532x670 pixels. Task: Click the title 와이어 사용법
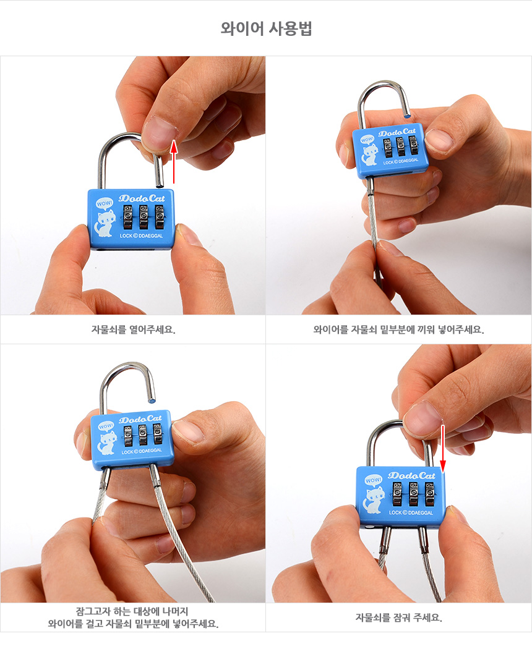click(x=266, y=28)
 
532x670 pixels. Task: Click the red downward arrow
click(x=443, y=449)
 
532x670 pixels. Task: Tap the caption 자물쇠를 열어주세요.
click(x=133, y=329)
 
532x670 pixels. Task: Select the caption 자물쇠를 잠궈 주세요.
click(x=398, y=617)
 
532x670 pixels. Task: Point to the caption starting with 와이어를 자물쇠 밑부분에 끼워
click(x=398, y=329)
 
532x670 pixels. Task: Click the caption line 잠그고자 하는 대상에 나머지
click(x=132, y=611)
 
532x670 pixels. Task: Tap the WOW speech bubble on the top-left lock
click(x=104, y=203)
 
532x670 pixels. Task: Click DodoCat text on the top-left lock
click(x=142, y=198)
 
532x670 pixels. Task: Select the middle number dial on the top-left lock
click(x=144, y=217)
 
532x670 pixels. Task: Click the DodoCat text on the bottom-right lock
click(x=411, y=475)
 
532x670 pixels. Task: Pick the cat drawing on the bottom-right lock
click(x=374, y=500)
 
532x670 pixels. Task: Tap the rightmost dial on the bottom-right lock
click(x=429, y=494)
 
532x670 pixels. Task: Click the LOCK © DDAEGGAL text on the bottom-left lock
click(x=142, y=451)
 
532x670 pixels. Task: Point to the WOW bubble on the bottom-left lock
click(x=106, y=426)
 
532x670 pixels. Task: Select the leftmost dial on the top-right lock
click(x=387, y=148)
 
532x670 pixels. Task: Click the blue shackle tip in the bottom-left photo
click(x=152, y=401)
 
